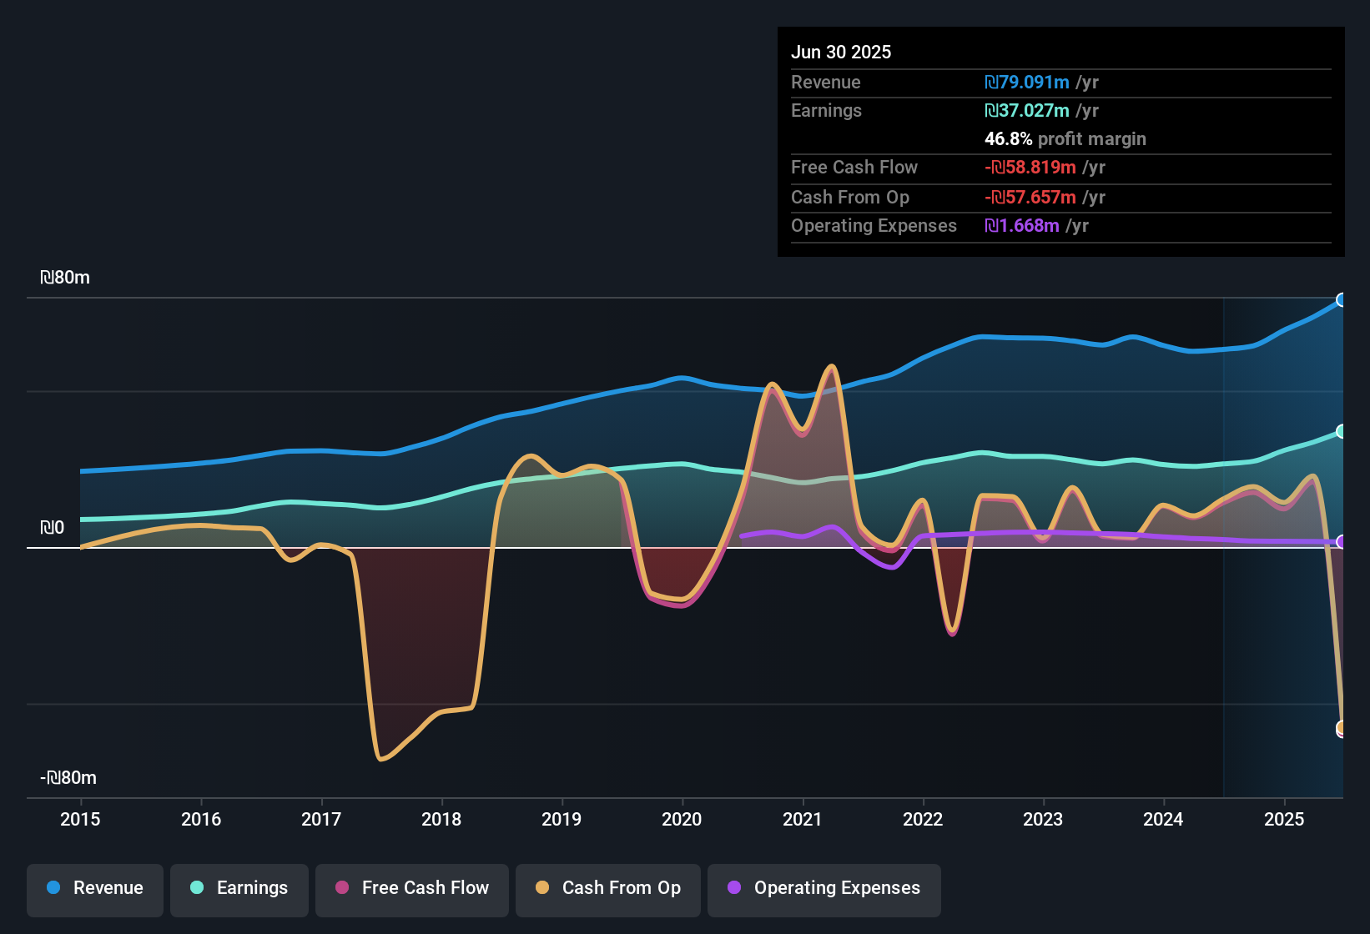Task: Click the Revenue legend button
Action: (95, 888)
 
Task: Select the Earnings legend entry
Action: (239, 888)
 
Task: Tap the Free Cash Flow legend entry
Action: (412, 888)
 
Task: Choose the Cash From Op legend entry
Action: (608, 888)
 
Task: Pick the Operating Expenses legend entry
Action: (824, 888)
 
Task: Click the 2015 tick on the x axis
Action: (80, 819)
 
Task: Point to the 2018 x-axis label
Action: (441, 819)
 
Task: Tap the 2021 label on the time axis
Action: (803, 819)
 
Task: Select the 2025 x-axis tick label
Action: (1284, 819)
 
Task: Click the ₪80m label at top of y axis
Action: (65, 278)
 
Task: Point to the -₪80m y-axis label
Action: (68, 778)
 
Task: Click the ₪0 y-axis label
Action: (52, 528)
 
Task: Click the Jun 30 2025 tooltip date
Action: (841, 52)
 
